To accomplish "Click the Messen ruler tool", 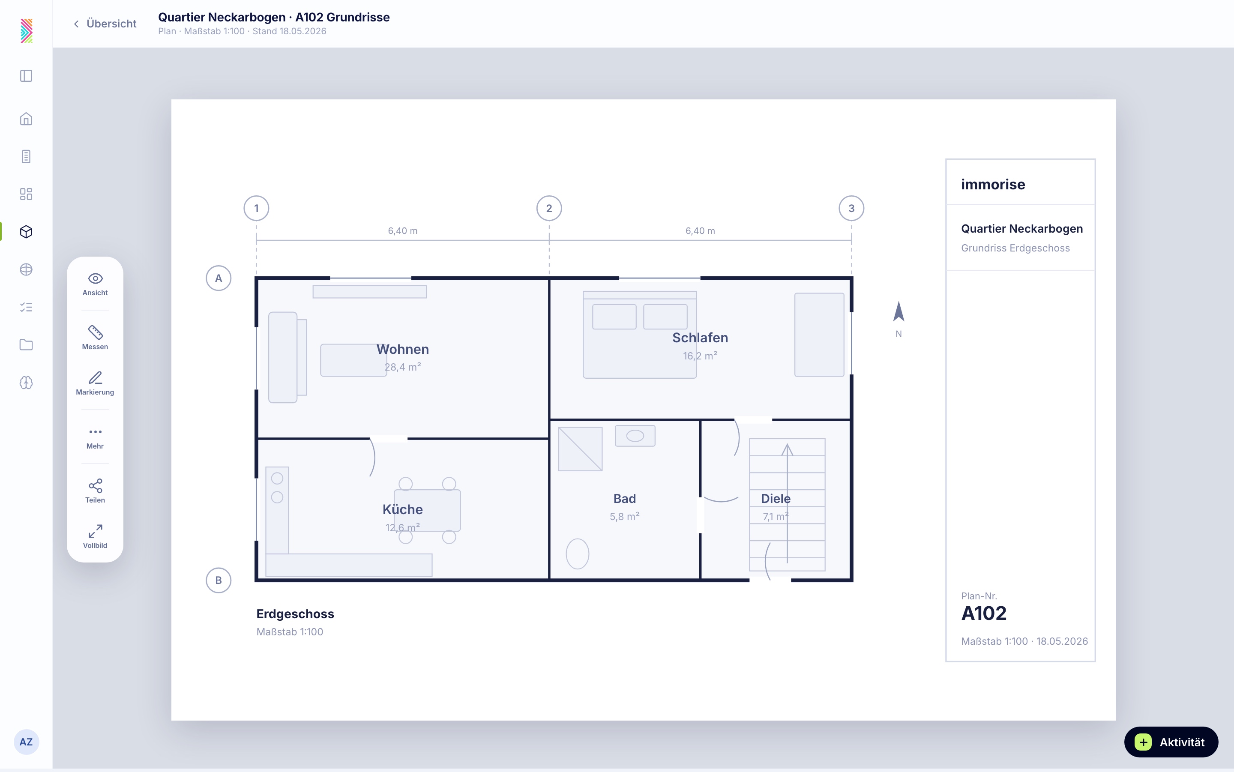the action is coord(95,338).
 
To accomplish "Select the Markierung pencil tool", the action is coord(95,383).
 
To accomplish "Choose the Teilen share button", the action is coord(95,491).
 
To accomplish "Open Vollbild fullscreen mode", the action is coord(95,536).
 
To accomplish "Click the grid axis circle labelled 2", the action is coord(549,208).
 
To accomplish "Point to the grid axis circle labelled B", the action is coord(219,580).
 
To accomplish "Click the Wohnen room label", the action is coord(402,349).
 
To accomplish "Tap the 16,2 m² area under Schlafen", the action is coord(700,356).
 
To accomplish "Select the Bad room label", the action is coord(624,499).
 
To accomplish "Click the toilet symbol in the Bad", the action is coord(578,554).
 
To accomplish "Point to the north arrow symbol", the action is coord(899,311).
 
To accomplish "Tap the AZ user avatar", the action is coord(26,742).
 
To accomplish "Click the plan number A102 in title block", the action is coord(984,613).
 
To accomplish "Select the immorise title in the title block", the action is coord(993,184).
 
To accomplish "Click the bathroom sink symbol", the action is coord(635,436).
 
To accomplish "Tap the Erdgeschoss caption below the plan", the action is coord(295,614).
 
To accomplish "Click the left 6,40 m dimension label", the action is coord(402,231).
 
